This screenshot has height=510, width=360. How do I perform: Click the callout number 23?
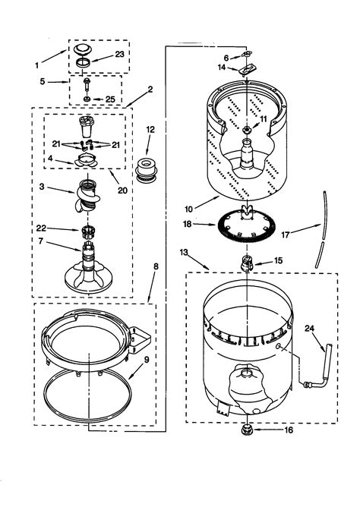(118, 54)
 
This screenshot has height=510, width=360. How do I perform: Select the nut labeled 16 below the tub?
(247, 430)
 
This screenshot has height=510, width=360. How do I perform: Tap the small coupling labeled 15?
(245, 263)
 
